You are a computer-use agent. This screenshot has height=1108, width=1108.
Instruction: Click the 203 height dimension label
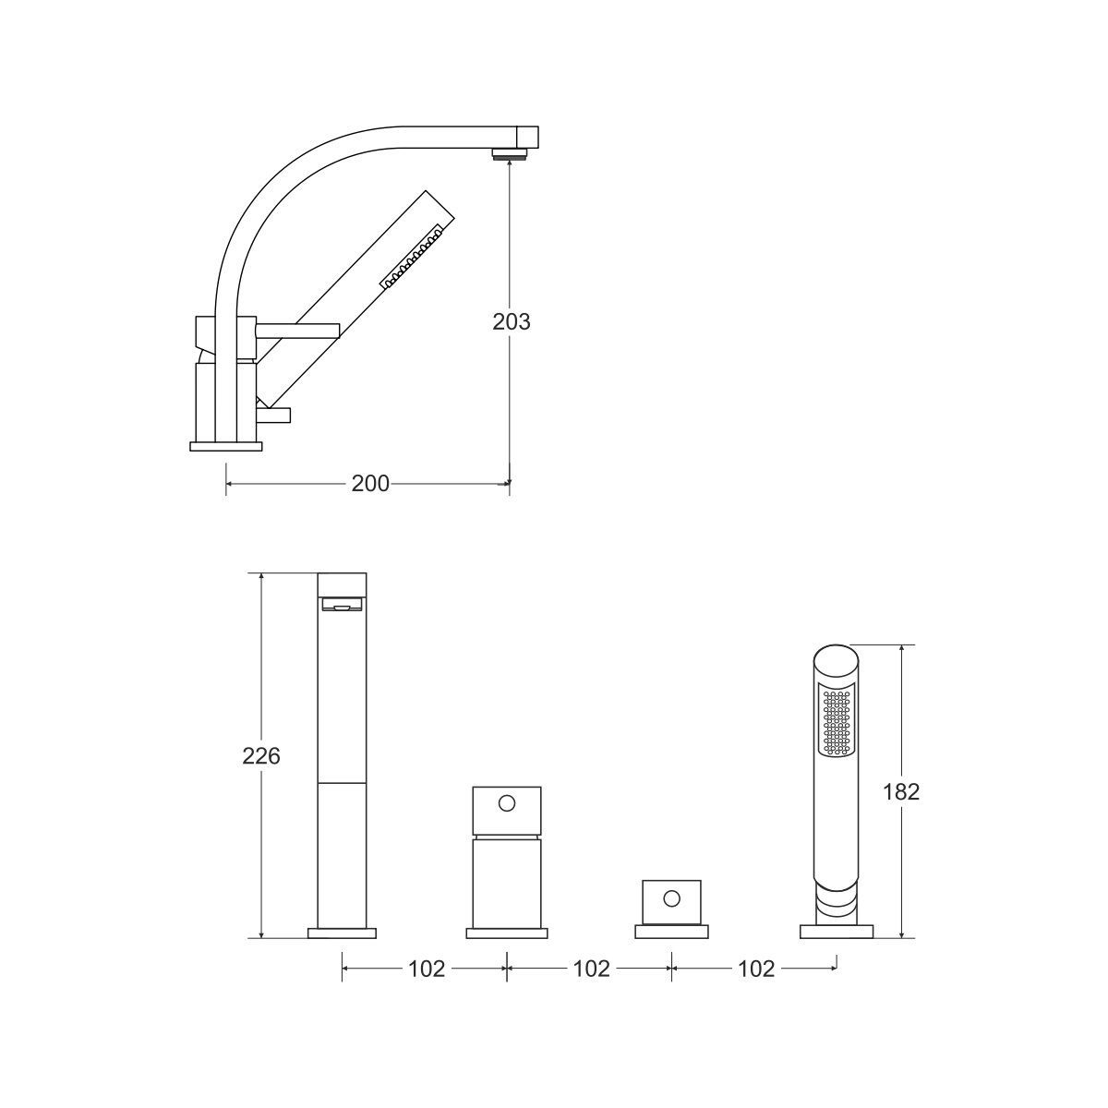click(x=511, y=322)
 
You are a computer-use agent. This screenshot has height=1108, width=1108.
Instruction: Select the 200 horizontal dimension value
click(x=370, y=484)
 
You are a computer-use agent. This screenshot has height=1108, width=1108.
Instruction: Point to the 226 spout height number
click(x=261, y=756)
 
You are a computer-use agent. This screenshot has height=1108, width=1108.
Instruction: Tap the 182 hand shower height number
click(x=901, y=791)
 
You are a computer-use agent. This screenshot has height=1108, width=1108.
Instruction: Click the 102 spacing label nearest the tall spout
click(x=427, y=969)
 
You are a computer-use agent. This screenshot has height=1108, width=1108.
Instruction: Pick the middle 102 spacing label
click(x=591, y=969)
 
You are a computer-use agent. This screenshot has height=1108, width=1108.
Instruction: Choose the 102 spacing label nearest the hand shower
click(x=756, y=969)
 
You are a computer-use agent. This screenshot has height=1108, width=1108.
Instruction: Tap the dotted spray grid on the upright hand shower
click(x=836, y=722)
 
